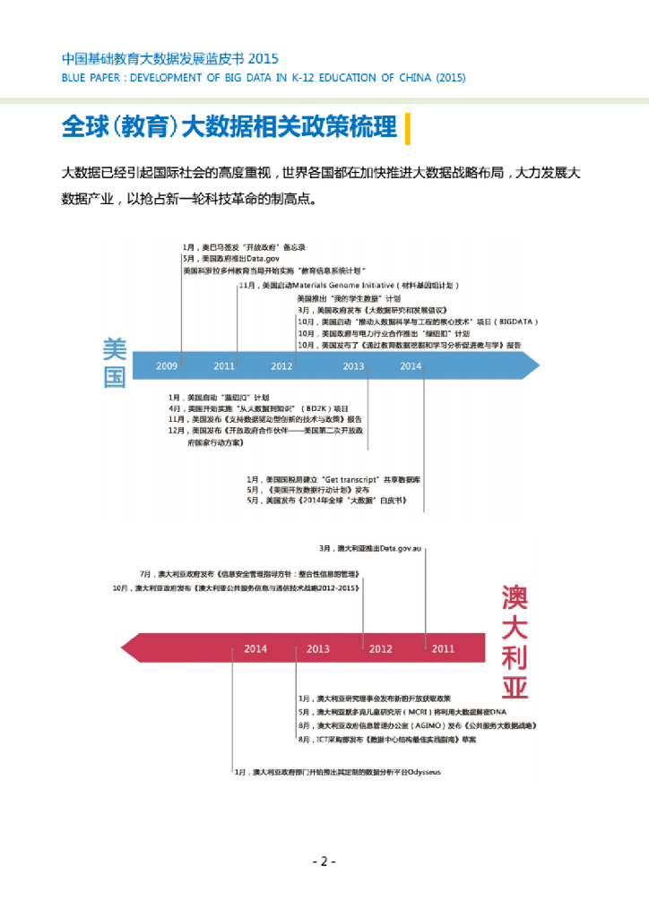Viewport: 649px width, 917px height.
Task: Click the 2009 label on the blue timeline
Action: coord(167,366)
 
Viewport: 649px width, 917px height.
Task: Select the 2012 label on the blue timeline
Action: coord(281,366)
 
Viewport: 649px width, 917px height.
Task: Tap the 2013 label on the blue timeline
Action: coord(353,366)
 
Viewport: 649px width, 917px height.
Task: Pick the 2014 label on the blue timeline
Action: coord(411,366)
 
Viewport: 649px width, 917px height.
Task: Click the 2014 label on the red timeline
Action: coord(255,649)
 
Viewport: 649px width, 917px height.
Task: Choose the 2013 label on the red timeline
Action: coord(318,649)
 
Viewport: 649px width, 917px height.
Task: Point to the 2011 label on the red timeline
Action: coord(443,649)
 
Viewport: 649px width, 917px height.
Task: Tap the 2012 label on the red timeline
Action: coord(381,649)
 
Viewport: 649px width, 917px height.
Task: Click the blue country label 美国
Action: coord(115,363)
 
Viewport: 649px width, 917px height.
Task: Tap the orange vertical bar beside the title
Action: coord(408,128)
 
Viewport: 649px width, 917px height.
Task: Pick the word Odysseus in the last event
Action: coord(420,772)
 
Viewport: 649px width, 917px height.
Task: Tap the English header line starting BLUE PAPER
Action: coord(264,78)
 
